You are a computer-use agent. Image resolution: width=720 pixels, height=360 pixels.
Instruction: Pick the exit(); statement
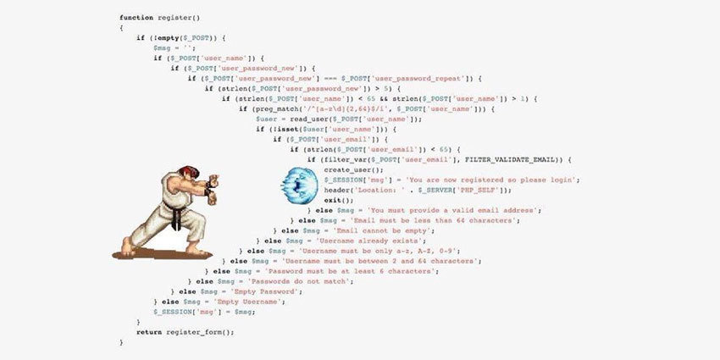338,200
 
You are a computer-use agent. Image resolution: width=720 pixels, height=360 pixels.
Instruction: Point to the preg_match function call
270,108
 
